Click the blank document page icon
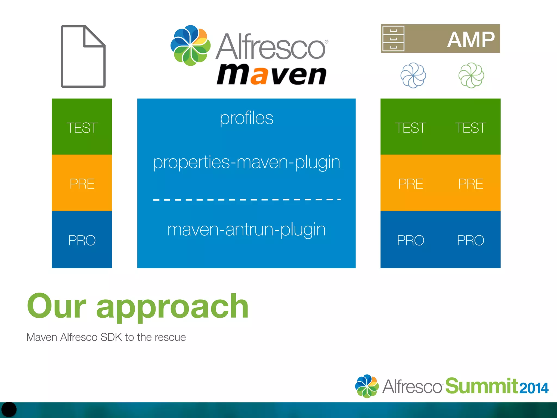(83, 57)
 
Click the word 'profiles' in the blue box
(246, 118)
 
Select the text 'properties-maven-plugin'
(246, 162)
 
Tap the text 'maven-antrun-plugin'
(246, 229)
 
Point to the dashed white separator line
(246, 199)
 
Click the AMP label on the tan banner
(471, 39)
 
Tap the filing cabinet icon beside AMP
(393, 39)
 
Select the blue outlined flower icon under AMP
(413, 75)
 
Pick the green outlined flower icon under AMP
(471, 75)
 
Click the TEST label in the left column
(82, 128)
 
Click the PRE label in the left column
(82, 184)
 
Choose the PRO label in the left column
(82, 240)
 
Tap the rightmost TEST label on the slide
(471, 128)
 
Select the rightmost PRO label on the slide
(471, 240)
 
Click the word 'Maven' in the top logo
(271, 75)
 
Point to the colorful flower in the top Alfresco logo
(190, 45)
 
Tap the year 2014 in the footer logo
(534, 388)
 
